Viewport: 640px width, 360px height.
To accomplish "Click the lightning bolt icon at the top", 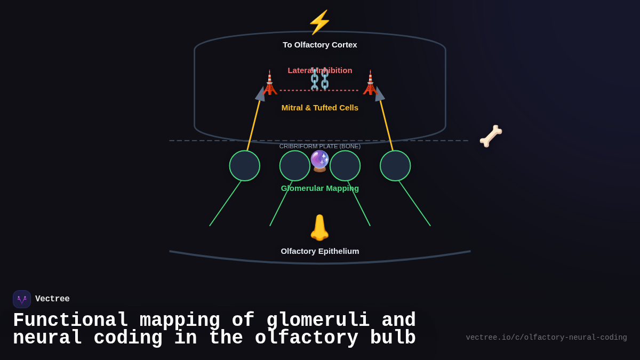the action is (319, 22).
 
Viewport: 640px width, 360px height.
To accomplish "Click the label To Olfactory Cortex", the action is (320, 45).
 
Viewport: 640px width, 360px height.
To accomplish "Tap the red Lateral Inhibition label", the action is (320, 70).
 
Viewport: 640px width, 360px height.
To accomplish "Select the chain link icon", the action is (320, 79).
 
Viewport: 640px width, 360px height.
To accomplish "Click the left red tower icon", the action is (270, 83).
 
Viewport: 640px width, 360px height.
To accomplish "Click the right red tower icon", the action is (370, 83).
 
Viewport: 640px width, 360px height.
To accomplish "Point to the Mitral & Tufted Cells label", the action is (320, 108).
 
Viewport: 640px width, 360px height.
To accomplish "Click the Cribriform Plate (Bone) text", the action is (320, 146).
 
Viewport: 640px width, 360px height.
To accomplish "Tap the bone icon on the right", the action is (491, 136).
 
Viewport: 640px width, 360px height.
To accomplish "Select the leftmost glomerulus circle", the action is (245, 166).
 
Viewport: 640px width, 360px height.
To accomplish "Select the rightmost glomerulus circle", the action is (395, 166).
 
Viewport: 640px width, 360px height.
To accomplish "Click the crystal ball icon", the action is (320, 161).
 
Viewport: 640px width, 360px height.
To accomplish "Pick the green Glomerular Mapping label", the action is (320, 188).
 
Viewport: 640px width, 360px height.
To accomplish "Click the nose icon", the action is (319, 228).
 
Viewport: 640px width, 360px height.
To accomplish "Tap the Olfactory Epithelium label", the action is (320, 251).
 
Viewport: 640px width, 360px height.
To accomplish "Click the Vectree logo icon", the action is (22, 299).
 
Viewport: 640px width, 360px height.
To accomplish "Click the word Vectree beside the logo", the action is (52, 299).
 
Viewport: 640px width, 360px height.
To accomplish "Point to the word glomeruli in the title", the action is (318, 321).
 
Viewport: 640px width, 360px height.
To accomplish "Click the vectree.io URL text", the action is (546, 338).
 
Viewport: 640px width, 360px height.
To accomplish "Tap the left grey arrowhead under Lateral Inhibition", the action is (261, 94).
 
